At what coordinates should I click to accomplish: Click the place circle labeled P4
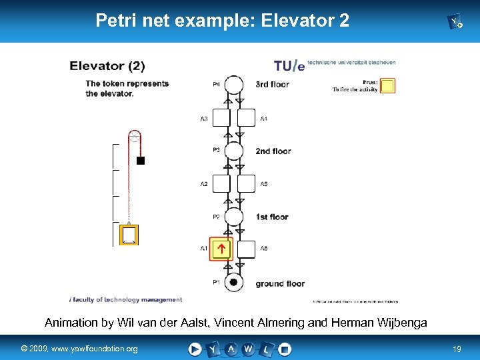[x=233, y=85]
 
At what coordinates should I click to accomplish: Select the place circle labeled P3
[x=233, y=151]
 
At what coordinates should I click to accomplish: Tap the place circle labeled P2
[x=233, y=217]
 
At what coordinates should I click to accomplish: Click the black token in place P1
[x=233, y=283]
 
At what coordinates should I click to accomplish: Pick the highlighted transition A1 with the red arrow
[x=221, y=249]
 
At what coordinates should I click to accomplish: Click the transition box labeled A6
[x=247, y=249]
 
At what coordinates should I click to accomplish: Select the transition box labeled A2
[x=221, y=183]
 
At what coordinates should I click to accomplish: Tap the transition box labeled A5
[x=247, y=183]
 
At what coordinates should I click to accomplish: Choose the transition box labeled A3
[x=221, y=118]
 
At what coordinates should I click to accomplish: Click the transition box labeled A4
[x=247, y=118]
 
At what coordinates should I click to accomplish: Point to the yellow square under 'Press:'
[x=387, y=86]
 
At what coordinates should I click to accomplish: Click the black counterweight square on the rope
[x=141, y=161]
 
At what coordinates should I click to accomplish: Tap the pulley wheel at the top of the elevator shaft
[x=135, y=137]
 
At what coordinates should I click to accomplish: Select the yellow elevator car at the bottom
[x=129, y=235]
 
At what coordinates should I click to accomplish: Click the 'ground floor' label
[x=280, y=283]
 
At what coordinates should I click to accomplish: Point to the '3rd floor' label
[x=273, y=85]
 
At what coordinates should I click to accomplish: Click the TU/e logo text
[x=289, y=65]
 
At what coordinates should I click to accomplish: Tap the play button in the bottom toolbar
[x=195, y=349]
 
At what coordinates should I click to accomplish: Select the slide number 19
[x=457, y=349]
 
